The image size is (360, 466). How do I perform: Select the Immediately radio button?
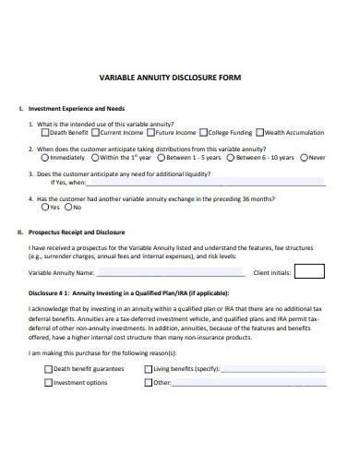pos(42,156)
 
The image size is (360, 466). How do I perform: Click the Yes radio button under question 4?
pos(42,207)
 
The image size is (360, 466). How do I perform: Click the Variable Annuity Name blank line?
pos(170,274)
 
